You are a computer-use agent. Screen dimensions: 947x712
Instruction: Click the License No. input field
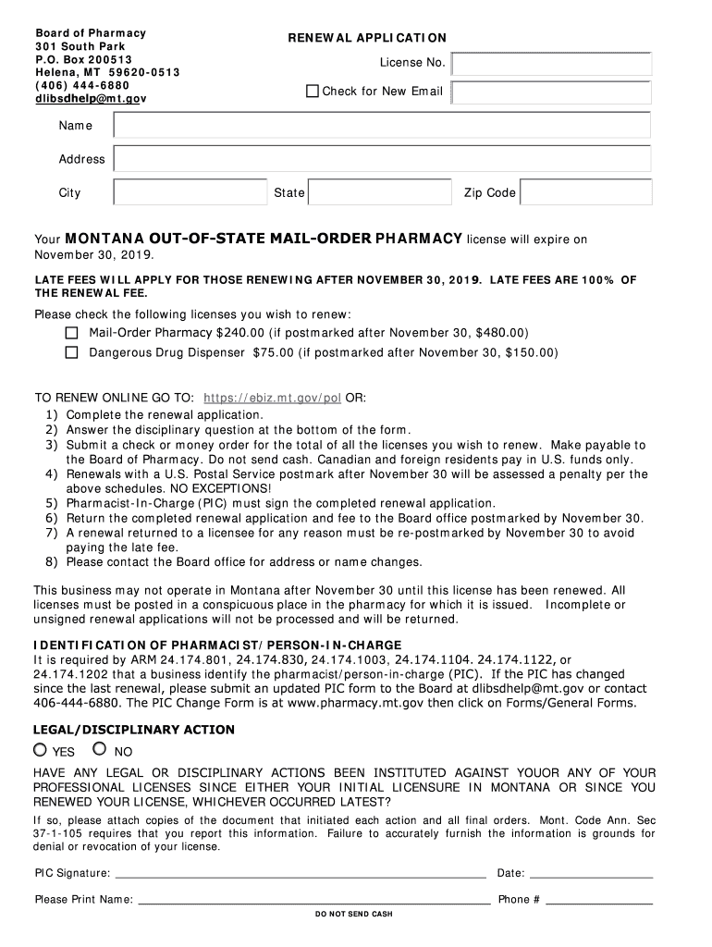pyautogui.click(x=552, y=64)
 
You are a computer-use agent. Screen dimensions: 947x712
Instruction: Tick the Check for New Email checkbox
pyautogui.click(x=313, y=91)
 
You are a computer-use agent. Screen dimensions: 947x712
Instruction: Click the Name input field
pyautogui.click(x=383, y=126)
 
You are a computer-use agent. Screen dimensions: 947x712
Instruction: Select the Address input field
pyautogui.click(x=383, y=159)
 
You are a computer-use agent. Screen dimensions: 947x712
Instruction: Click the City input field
pyautogui.click(x=190, y=192)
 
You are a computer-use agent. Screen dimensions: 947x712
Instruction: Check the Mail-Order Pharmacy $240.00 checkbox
pyautogui.click(x=72, y=332)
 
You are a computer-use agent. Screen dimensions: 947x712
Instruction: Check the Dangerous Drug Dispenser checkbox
pyautogui.click(x=72, y=352)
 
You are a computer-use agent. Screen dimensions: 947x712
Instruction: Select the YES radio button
pyautogui.click(x=41, y=750)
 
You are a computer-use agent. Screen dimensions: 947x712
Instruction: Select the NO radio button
pyautogui.click(x=100, y=750)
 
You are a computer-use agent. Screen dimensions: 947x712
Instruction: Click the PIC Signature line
pyautogui.click(x=301, y=873)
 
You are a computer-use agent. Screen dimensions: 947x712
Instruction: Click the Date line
pyautogui.click(x=592, y=873)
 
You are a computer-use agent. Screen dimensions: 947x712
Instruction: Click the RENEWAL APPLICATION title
pyautogui.click(x=367, y=38)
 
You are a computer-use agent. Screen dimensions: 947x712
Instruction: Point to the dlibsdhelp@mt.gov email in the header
pyautogui.click(x=91, y=98)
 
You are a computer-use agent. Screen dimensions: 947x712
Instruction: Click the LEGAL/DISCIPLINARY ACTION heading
pyautogui.click(x=134, y=730)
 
